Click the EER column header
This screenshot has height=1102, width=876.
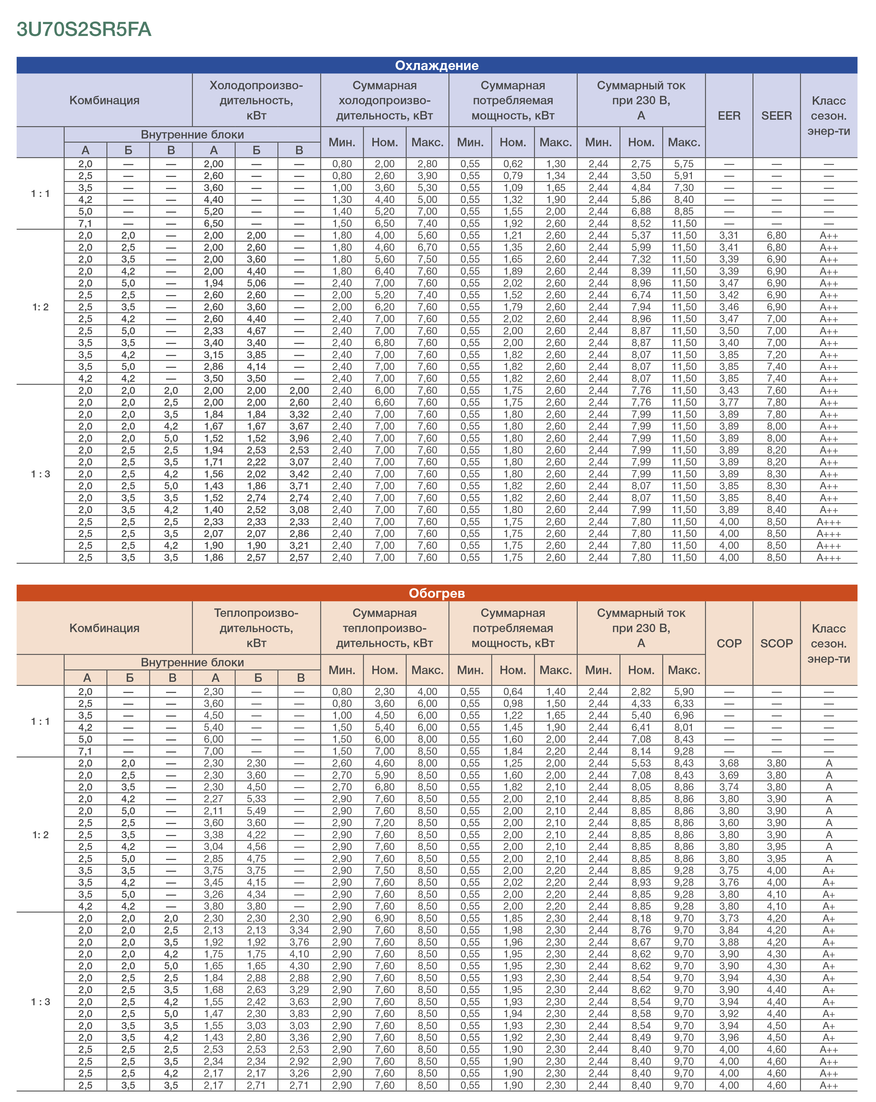click(729, 116)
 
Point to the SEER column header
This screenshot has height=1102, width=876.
click(776, 116)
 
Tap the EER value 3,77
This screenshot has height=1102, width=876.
click(729, 402)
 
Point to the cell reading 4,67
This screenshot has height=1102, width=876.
click(257, 331)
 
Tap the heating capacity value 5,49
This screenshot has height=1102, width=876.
click(257, 811)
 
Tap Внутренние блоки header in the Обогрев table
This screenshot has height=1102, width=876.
click(192, 663)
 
